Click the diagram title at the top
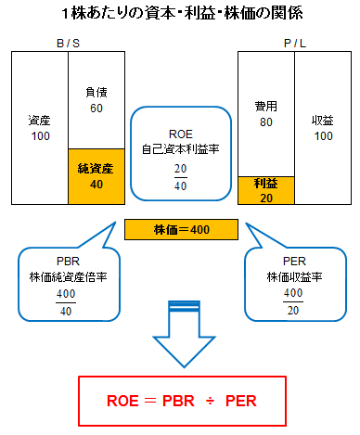click(x=181, y=15)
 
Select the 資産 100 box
click(x=39, y=127)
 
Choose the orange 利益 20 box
click(x=265, y=190)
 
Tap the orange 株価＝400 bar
click(x=181, y=227)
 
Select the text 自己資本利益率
click(x=180, y=147)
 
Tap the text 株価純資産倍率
click(x=64, y=275)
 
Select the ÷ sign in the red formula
click(x=210, y=403)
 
